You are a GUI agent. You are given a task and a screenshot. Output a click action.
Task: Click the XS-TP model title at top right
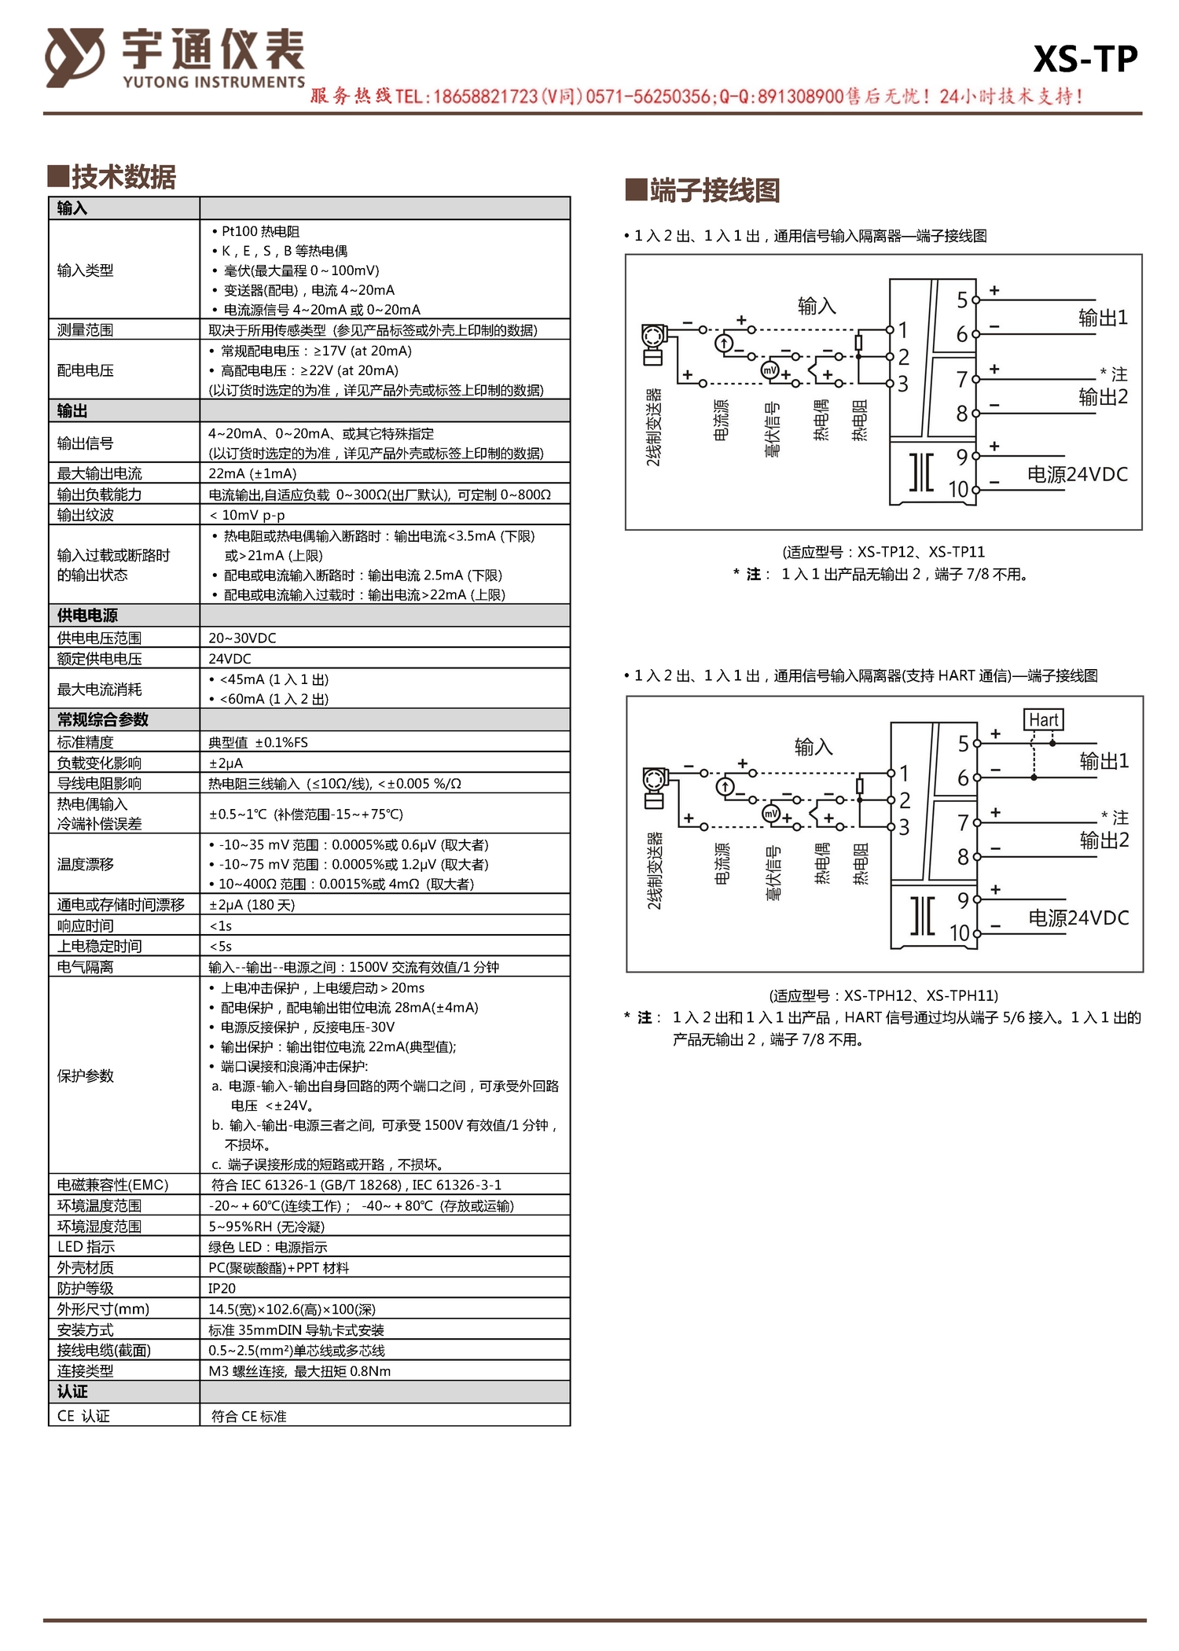pyautogui.click(x=1085, y=59)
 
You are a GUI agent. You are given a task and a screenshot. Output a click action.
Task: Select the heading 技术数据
pyautogui.click(x=123, y=177)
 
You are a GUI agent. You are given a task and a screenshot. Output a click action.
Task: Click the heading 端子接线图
pyautogui.click(x=714, y=190)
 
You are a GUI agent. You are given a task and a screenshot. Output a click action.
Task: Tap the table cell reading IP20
pyautogui.click(x=222, y=1289)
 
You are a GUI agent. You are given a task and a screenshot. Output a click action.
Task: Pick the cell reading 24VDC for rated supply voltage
pyautogui.click(x=230, y=659)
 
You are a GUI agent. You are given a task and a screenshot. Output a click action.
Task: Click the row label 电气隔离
pyautogui.click(x=86, y=967)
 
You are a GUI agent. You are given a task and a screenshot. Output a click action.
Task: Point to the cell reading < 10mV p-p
pyautogui.click(x=247, y=515)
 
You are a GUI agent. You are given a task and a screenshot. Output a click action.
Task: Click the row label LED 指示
pyautogui.click(x=86, y=1247)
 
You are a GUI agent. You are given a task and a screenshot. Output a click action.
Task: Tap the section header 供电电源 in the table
pyautogui.click(x=87, y=616)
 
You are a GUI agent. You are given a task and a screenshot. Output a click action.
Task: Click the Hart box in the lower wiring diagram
pyautogui.click(x=1044, y=719)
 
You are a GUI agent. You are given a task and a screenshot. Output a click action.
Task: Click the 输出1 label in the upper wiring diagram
pyautogui.click(x=1103, y=318)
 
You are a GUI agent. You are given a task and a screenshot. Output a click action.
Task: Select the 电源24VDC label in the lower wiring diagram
pyautogui.click(x=1078, y=917)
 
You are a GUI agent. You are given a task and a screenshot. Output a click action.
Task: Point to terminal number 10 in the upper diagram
pyautogui.click(x=959, y=489)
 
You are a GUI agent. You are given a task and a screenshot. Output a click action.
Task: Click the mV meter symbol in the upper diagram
pyautogui.click(x=769, y=370)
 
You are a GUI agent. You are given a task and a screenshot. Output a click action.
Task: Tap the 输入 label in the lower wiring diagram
pyautogui.click(x=814, y=746)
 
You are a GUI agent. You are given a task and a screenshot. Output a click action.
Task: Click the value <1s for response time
pyautogui.click(x=221, y=926)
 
